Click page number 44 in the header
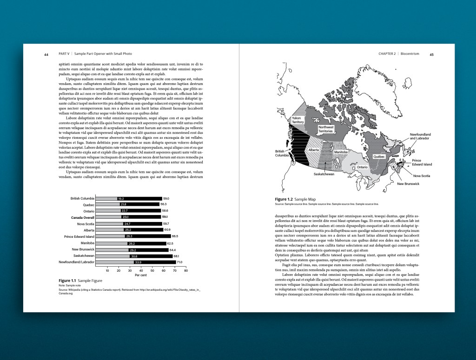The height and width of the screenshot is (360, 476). point(46,54)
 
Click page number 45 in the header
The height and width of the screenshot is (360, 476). point(431,54)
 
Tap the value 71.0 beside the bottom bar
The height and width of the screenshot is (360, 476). point(179,262)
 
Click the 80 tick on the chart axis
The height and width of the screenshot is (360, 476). point(186,270)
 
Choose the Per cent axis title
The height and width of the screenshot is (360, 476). point(141,275)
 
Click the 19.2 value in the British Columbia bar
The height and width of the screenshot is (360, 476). point(120,199)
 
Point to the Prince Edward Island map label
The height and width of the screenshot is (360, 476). point(422,162)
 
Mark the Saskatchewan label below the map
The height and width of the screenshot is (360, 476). point(324,174)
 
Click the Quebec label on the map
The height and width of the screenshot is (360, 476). point(379,157)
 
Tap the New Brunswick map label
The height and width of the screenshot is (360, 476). point(408,184)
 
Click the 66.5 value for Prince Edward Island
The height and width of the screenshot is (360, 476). point(175,236)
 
